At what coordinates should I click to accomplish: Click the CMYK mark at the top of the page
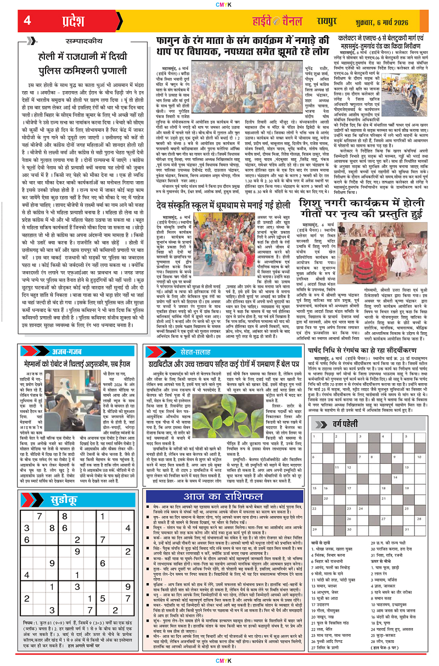219,5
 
